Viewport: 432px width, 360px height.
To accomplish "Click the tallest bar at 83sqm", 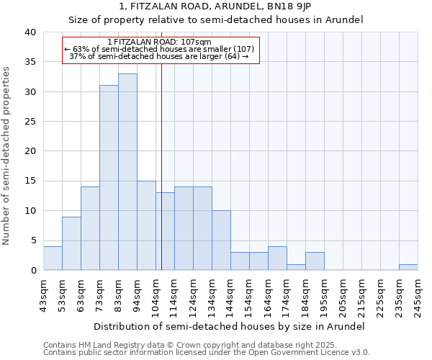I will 127,172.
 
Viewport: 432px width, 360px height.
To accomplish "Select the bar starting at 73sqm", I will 109,178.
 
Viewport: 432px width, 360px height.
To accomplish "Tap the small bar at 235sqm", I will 408,267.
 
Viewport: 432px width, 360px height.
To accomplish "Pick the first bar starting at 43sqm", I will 53,258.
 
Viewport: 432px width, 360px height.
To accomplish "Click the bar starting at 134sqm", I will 221,240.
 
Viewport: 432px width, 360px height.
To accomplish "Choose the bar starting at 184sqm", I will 315,261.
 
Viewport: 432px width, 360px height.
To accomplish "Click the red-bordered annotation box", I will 160,50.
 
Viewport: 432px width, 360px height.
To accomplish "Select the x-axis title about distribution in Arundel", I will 229,326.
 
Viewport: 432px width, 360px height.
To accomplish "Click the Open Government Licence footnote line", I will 207,353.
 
